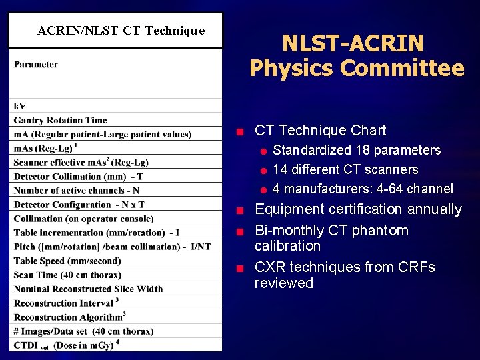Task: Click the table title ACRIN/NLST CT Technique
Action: pyautogui.click(x=121, y=31)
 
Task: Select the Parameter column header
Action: pyautogui.click(x=35, y=65)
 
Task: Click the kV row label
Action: pyautogui.click(x=20, y=106)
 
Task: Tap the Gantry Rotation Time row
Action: pyautogui.click(x=60, y=120)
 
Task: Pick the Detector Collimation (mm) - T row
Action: pyautogui.click(x=79, y=177)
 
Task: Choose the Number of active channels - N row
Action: pyautogui.click(x=77, y=191)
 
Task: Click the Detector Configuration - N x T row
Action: pyautogui.click(x=79, y=205)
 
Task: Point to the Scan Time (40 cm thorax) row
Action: pyautogui.click(x=67, y=275)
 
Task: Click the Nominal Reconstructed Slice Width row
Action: pyautogui.click(x=88, y=289)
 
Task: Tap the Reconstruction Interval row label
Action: pyautogui.click(x=63, y=303)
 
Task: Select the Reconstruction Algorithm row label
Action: pyautogui.click(x=67, y=317)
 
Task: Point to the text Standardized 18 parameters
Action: pyautogui.click(x=357, y=150)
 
